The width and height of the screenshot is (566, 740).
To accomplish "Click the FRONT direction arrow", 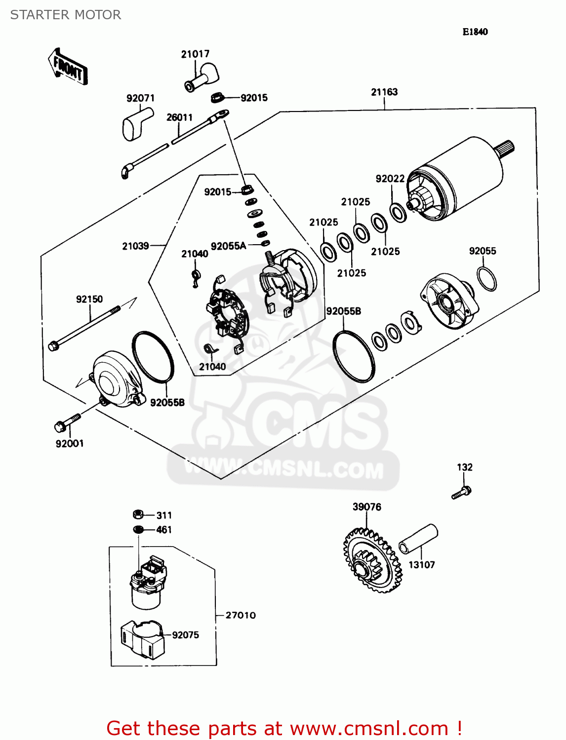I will [x=68, y=67].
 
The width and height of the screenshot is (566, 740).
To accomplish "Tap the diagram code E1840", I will [x=475, y=32].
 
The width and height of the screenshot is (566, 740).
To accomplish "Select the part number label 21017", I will [x=195, y=54].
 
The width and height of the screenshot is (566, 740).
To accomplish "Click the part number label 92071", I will [x=140, y=98].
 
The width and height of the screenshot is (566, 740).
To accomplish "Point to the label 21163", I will [x=384, y=92].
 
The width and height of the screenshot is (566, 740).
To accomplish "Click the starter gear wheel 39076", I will [x=372, y=560].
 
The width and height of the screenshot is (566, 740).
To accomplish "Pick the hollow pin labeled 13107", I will [x=418, y=540].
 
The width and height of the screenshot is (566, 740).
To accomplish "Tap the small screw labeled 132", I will [x=462, y=493].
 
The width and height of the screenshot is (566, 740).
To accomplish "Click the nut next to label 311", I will [x=139, y=515].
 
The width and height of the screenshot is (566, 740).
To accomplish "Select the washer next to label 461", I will [x=139, y=529].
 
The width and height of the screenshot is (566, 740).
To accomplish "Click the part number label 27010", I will [x=241, y=615].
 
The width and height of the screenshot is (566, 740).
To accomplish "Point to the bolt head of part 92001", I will [x=59, y=425].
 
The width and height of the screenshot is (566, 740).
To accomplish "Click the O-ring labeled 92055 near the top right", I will [x=487, y=279].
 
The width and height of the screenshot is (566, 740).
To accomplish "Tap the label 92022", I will [x=390, y=179].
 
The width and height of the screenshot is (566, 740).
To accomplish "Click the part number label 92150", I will [x=89, y=299].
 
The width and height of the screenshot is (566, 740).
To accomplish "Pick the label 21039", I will [x=135, y=246].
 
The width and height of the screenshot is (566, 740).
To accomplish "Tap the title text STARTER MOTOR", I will [x=66, y=15].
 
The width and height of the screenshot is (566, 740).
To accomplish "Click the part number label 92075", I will [x=185, y=635].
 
